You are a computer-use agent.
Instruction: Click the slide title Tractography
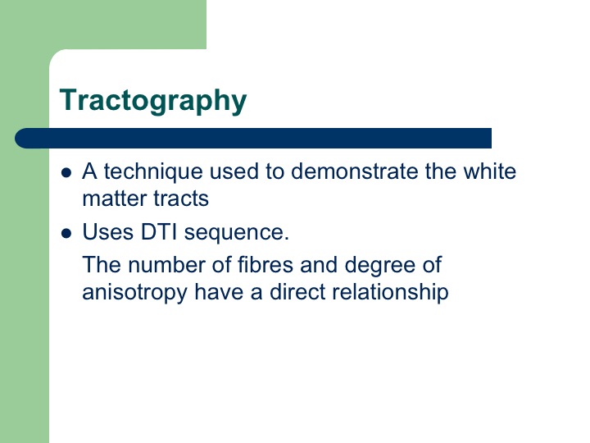(x=153, y=101)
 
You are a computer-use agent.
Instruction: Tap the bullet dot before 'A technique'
(x=66, y=173)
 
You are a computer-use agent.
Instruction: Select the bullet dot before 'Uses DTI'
(x=66, y=234)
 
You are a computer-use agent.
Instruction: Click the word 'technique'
(x=153, y=172)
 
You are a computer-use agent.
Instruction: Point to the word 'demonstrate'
(x=355, y=171)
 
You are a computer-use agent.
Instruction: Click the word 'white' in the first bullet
(x=489, y=171)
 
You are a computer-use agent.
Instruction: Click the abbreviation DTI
(x=158, y=231)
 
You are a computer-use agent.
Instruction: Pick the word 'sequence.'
(x=237, y=233)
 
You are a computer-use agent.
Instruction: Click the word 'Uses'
(x=108, y=231)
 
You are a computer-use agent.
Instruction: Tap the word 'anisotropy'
(x=134, y=294)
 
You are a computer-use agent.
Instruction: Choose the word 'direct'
(x=297, y=292)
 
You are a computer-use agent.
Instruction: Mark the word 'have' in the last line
(x=219, y=292)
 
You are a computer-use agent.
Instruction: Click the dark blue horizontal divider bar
(x=253, y=139)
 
